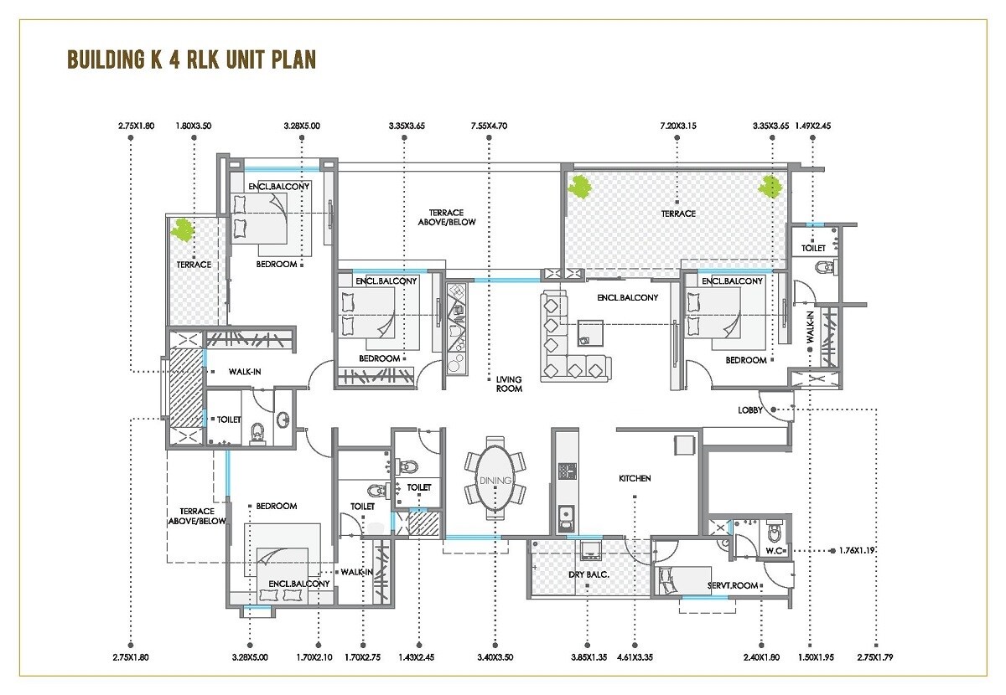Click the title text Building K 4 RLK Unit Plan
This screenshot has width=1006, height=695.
click(191, 60)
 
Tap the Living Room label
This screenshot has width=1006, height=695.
click(508, 384)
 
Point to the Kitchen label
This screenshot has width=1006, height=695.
click(635, 478)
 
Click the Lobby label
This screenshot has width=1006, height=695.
click(750, 410)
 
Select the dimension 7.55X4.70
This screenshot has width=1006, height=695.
click(489, 126)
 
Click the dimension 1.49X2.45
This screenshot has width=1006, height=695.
click(813, 126)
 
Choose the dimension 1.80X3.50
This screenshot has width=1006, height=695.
click(194, 126)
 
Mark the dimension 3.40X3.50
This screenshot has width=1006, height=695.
click(495, 657)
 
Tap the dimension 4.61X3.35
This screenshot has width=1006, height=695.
click(635, 657)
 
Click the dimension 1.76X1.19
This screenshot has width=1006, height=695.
click(856, 551)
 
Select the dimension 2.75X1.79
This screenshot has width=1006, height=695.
click(875, 657)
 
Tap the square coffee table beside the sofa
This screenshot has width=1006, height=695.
click(589, 333)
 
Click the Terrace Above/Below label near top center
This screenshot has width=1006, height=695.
click(447, 218)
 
